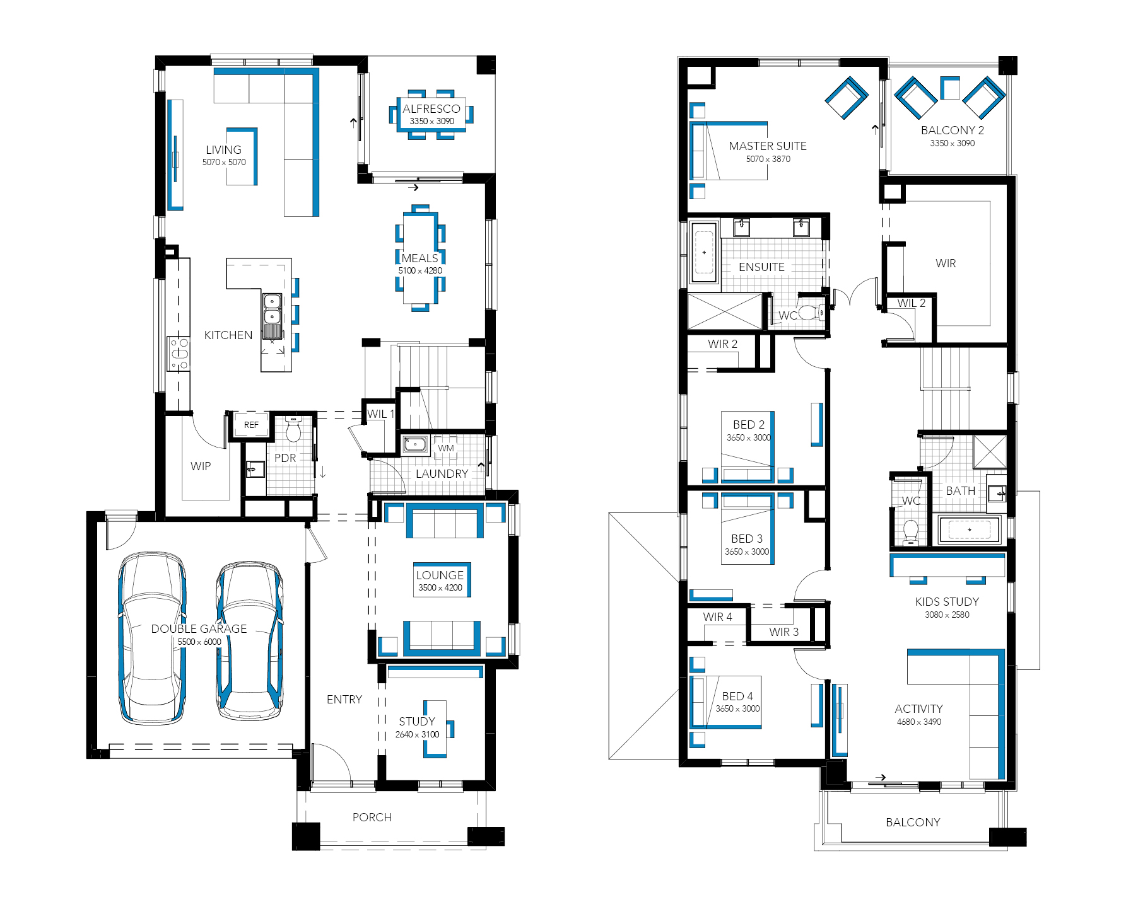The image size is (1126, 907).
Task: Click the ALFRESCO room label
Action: pyautogui.click(x=431, y=109)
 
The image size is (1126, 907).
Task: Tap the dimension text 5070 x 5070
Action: pyautogui.click(x=224, y=163)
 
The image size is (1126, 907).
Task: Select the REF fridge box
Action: pyautogui.click(x=251, y=425)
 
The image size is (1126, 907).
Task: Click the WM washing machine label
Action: pyautogui.click(x=446, y=448)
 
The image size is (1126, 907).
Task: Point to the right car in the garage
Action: pyautogui.click(x=250, y=640)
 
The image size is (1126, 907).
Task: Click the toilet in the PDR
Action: pyautogui.click(x=293, y=429)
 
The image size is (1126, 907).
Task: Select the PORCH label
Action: pyautogui.click(x=372, y=817)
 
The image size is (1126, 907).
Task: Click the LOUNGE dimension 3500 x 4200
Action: pyautogui.click(x=440, y=588)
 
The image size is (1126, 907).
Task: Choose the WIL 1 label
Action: pyautogui.click(x=380, y=414)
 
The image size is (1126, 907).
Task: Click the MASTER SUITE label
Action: pyautogui.click(x=768, y=146)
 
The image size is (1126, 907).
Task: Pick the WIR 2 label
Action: pyautogui.click(x=722, y=344)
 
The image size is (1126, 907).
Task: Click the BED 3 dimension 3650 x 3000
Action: pyautogui.click(x=747, y=552)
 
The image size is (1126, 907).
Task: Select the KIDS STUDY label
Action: pyautogui.click(x=947, y=602)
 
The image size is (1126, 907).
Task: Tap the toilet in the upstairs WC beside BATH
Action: pyautogui.click(x=910, y=533)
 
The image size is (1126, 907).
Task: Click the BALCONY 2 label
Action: pyautogui.click(x=953, y=130)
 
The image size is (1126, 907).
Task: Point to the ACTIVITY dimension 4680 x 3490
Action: pyautogui.click(x=919, y=722)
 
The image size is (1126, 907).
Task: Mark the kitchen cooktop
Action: pyautogui.click(x=179, y=354)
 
